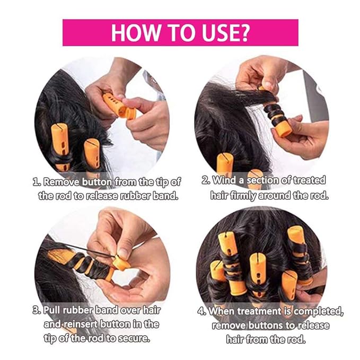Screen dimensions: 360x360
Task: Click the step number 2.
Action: point(206,180)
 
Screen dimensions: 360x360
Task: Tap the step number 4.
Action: point(202,311)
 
